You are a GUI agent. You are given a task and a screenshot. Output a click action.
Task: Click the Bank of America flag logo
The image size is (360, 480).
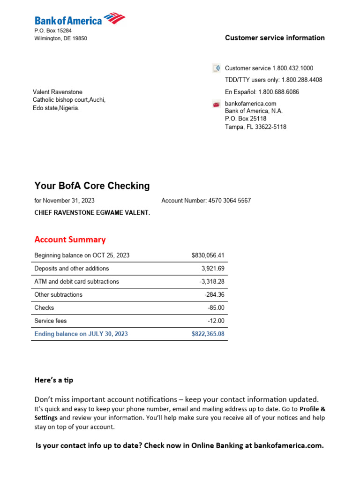click(114, 19)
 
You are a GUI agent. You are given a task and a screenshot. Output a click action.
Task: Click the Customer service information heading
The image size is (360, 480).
click(275, 38)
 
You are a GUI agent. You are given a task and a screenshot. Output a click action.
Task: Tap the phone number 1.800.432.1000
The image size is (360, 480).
click(292, 68)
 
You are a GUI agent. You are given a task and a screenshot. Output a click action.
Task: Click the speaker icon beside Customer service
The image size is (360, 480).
click(216, 68)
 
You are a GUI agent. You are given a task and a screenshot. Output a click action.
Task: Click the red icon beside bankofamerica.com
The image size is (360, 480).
click(216, 104)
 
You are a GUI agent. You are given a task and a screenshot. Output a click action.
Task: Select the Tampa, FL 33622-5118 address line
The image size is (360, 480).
click(255, 127)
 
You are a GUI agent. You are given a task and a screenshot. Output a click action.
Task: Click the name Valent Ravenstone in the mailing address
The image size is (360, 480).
click(57, 92)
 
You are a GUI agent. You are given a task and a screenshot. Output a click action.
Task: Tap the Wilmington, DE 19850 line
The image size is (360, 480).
click(60, 38)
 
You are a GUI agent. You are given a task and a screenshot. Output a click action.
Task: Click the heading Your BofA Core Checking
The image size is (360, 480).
click(92, 186)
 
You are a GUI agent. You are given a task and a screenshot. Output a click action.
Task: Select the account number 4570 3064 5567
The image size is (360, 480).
click(229, 201)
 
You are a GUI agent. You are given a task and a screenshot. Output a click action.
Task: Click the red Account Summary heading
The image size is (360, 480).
click(70, 240)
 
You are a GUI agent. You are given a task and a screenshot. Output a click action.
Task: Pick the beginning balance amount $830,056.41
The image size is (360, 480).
click(208, 255)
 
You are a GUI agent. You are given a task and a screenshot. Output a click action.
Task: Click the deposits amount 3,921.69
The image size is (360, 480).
click(213, 269)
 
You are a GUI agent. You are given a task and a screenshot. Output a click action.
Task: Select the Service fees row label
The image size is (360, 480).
click(51, 321)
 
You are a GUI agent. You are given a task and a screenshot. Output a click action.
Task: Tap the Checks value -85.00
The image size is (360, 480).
click(216, 308)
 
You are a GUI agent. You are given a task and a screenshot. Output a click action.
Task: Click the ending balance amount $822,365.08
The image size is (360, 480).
click(208, 334)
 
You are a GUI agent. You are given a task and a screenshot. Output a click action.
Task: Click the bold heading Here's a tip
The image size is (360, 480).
click(54, 380)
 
